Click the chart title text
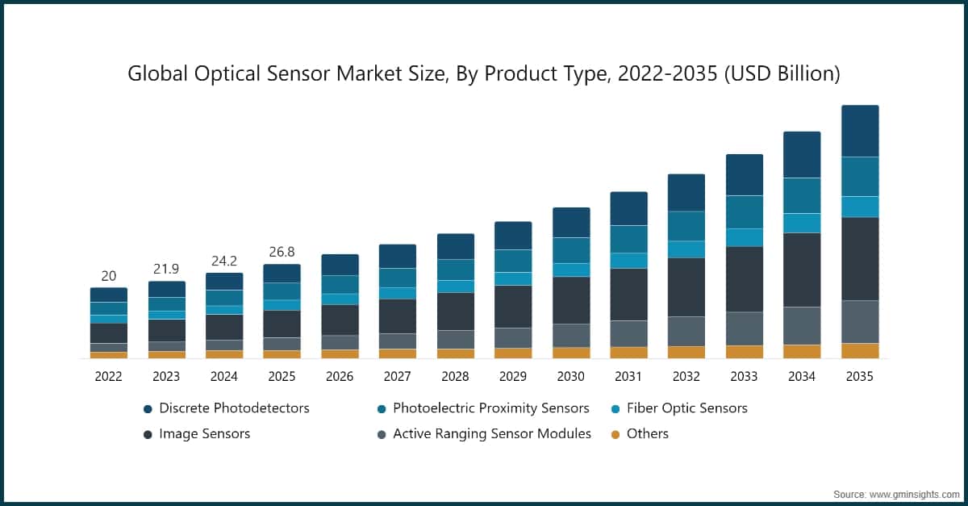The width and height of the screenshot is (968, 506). pyautogui.click(x=484, y=74)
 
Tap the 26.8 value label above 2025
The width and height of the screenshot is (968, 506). pyautogui.click(x=282, y=252)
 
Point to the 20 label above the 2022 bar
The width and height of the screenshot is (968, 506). pyautogui.click(x=108, y=276)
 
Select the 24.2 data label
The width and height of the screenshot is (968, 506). pyautogui.click(x=223, y=261)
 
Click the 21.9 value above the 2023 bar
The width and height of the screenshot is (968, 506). pyautogui.click(x=166, y=269)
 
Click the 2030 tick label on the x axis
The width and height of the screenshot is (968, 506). pyautogui.click(x=570, y=376)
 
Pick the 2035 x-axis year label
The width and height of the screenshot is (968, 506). pyautogui.click(x=859, y=376)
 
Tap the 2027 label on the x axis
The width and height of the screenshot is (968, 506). pyautogui.click(x=397, y=376)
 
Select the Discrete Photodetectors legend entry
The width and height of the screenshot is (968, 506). pyautogui.click(x=234, y=408)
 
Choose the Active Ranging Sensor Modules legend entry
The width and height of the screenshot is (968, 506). pyautogui.click(x=491, y=434)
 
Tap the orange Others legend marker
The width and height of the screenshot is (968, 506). pyautogui.click(x=615, y=434)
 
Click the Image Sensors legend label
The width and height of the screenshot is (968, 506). pyautogui.click(x=204, y=434)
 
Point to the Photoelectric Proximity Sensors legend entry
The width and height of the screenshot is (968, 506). pyautogui.click(x=490, y=408)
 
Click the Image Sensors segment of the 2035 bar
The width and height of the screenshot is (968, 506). pyautogui.click(x=859, y=258)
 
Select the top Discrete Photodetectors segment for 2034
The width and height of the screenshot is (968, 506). pyautogui.click(x=802, y=154)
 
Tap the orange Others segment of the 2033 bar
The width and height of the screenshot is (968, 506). pyautogui.click(x=744, y=352)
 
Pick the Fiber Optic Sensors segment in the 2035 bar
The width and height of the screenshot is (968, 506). pyautogui.click(x=859, y=207)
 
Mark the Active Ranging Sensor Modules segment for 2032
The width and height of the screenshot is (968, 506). pyautogui.click(x=686, y=331)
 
